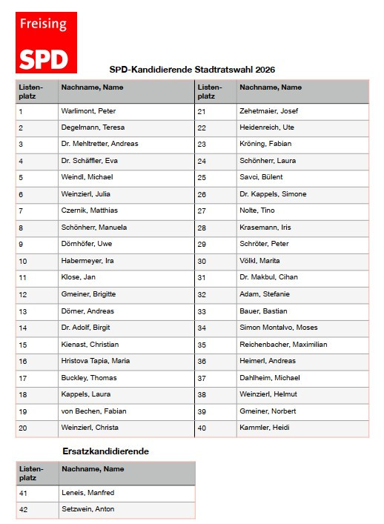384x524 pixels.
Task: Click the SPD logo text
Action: [x=44, y=59]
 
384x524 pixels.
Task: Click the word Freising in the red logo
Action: [x=43, y=24]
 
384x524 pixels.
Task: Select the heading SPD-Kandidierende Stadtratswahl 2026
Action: [x=192, y=70]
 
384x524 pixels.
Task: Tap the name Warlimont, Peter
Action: [x=87, y=112]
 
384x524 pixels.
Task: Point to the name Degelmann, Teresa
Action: [x=92, y=128]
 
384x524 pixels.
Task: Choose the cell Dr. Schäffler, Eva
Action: [x=89, y=161]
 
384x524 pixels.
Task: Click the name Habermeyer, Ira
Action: [x=87, y=261]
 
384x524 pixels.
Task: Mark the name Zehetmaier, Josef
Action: [x=268, y=112]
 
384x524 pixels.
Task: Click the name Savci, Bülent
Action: [x=261, y=178]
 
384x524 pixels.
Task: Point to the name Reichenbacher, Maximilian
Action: [x=283, y=345]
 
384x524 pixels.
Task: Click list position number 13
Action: [x=22, y=311]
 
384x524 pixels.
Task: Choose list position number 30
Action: [x=201, y=261]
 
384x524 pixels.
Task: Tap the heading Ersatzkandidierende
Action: [x=105, y=451]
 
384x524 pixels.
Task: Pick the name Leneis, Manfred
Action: [x=87, y=493]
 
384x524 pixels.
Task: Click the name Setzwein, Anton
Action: [x=87, y=509]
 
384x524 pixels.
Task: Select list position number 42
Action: [x=23, y=509]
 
